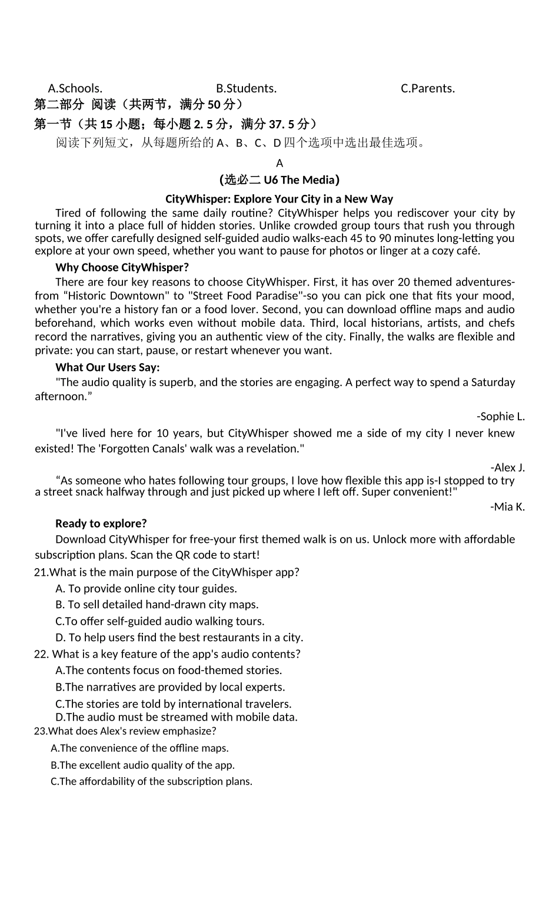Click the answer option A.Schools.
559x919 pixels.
pos(75,88)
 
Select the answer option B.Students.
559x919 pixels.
pos(246,88)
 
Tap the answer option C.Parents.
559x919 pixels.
pos(428,88)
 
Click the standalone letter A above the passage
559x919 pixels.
pos(279,163)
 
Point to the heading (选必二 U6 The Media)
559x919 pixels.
pos(279,180)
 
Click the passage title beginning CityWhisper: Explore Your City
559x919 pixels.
pos(279,198)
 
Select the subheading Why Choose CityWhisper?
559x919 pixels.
pos(122,267)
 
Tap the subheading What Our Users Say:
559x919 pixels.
pos(107,367)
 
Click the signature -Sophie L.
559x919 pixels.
pos(500,416)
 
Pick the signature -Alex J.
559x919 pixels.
pos(507,467)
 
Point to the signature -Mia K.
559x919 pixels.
pos(507,506)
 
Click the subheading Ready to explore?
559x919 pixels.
pos(101,523)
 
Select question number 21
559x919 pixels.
pos(41,572)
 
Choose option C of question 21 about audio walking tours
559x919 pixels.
pos(160,621)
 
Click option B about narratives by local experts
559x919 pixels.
pos(170,687)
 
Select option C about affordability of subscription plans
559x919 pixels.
pos(151,781)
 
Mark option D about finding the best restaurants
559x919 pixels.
pos(179,638)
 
